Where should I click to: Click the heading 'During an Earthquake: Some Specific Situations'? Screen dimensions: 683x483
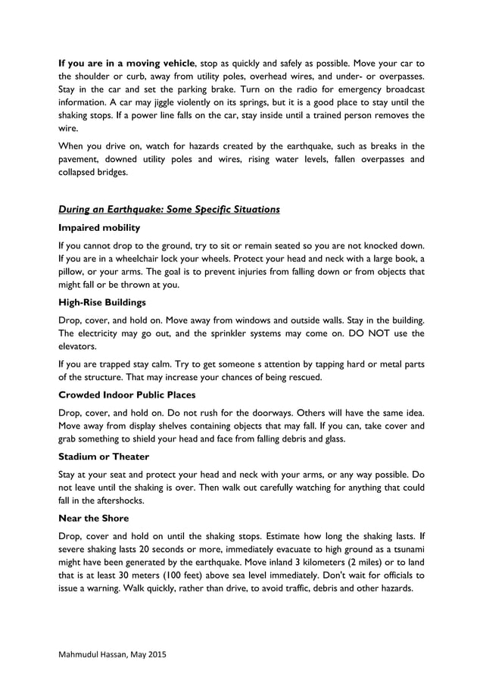point(169,209)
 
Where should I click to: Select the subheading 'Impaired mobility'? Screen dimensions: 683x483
point(98,227)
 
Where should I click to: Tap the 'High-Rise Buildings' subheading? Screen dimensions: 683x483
point(103,301)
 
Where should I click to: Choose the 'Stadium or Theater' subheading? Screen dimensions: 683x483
point(103,456)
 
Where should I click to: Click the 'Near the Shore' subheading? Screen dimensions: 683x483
point(94,518)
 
